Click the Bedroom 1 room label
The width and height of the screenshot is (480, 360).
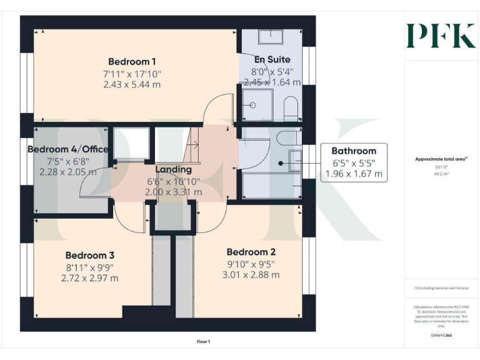point(132,61)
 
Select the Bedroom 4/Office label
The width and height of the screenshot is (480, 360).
point(68,149)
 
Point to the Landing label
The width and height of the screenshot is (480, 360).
point(173,169)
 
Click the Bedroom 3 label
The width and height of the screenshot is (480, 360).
point(90,255)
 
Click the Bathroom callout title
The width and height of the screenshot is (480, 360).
point(354,151)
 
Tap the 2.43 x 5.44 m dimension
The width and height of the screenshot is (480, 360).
point(132,84)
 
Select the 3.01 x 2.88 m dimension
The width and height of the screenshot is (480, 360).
point(252,274)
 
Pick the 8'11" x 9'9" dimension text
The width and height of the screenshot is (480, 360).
point(90,267)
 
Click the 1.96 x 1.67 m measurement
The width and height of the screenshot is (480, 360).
point(354,174)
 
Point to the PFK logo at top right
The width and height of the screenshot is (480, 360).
point(441,36)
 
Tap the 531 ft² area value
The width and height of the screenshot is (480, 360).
point(441,167)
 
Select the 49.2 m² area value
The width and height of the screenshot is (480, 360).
point(441,174)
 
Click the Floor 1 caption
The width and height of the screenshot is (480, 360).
point(203,341)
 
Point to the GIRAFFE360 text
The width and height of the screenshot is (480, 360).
point(441,336)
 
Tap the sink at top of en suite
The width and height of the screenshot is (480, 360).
point(271,36)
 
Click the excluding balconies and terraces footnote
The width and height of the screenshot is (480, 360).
point(441,288)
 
